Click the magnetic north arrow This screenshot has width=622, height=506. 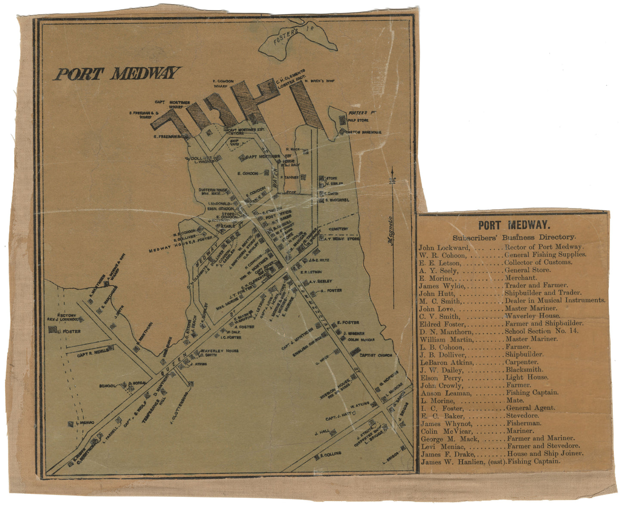tap(393, 179)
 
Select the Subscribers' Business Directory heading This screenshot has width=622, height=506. tap(514, 237)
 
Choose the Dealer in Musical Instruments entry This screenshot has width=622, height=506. tap(555, 300)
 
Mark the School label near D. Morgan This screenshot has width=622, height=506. tap(107, 386)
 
